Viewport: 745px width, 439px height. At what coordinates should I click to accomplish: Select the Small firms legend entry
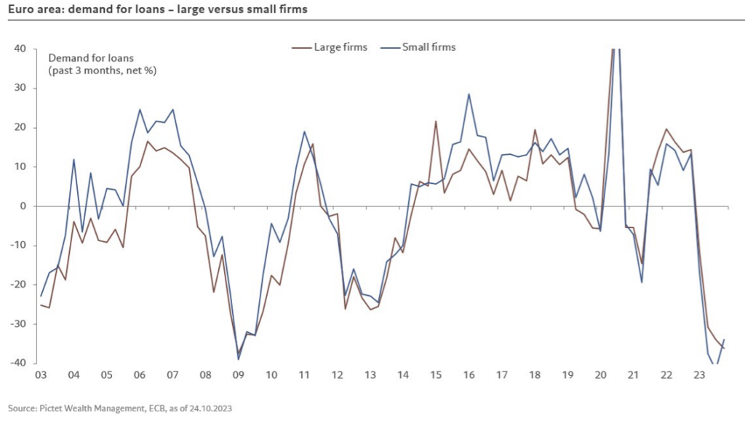(429, 47)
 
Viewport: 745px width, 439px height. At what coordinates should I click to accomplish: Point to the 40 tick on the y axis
(20, 49)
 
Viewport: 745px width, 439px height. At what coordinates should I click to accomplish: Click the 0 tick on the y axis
(23, 206)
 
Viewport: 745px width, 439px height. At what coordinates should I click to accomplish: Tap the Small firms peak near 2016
(469, 94)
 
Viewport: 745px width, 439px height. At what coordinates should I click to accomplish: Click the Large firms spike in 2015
(436, 121)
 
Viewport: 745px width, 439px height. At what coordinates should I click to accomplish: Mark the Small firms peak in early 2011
(304, 132)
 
